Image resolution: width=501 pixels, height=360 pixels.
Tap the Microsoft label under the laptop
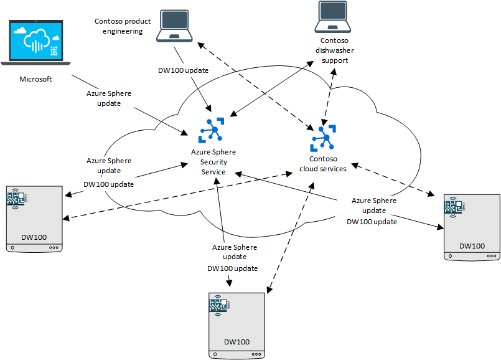click(x=36, y=79)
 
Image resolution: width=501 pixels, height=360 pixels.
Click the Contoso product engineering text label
click(x=123, y=26)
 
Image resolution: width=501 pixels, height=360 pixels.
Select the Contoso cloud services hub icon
click(x=323, y=138)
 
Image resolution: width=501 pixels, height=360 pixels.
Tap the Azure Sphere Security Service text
click(x=213, y=161)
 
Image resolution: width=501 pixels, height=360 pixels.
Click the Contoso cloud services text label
click(x=323, y=164)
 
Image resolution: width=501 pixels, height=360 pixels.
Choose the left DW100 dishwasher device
click(x=35, y=219)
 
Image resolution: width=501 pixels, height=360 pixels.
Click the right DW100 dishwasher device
click(x=471, y=227)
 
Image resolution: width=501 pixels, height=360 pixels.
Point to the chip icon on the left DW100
click(x=16, y=198)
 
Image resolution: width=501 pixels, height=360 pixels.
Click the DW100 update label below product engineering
click(x=183, y=70)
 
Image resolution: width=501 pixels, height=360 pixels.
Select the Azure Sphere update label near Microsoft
click(x=109, y=98)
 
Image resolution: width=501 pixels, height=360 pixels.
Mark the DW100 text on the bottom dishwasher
click(x=236, y=342)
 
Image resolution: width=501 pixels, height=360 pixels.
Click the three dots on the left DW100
click(x=54, y=247)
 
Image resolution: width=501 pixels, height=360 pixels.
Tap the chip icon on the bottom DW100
click(x=220, y=305)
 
